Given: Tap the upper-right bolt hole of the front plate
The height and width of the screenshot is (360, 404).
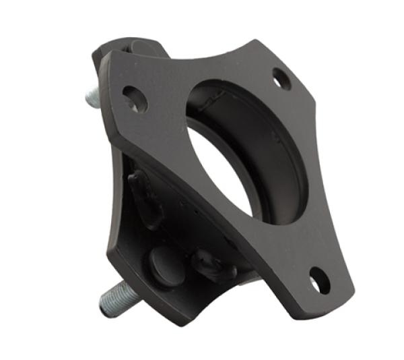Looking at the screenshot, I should pyautogui.click(x=282, y=80).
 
